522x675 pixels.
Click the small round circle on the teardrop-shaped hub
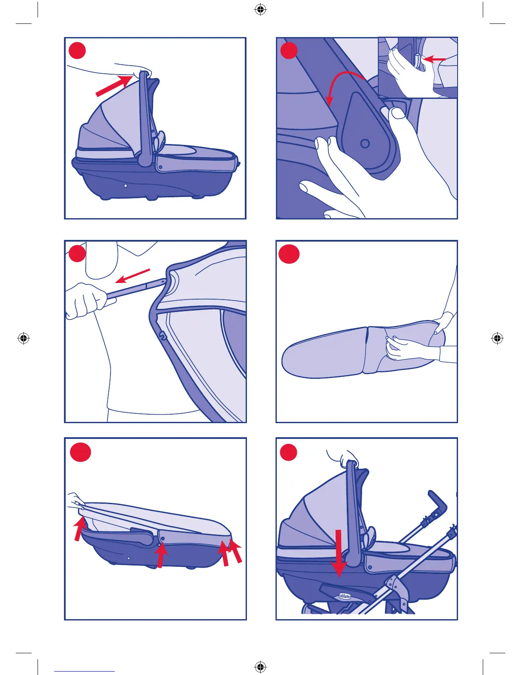click(x=365, y=144)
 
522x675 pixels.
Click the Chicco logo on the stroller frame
click(x=345, y=597)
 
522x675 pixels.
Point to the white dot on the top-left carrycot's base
click(x=125, y=186)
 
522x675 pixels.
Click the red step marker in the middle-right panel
click(x=289, y=254)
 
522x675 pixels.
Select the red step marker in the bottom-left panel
click(x=80, y=452)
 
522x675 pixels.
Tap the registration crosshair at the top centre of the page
click(x=260, y=9)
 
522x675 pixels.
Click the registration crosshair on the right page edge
click(x=497, y=338)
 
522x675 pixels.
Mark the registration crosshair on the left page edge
click(x=23, y=338)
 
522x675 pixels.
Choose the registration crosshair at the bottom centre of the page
click(x=260, y=666)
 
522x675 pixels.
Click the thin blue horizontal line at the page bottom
click(x=84, y=672)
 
